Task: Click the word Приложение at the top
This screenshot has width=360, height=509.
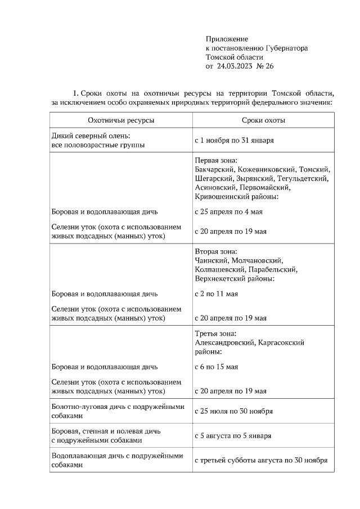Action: [x=227, y=39]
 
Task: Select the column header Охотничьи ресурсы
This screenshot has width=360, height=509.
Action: [x=121, y=120]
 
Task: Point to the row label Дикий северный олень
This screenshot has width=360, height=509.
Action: [x=91, y=136]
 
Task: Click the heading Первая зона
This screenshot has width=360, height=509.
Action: [x=216, y=160]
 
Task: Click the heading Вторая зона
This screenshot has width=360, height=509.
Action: [x=216, y=251]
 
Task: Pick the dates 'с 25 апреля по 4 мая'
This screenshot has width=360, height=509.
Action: [x=228, y=212]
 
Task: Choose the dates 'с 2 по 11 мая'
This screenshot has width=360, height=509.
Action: [x=216, y=294]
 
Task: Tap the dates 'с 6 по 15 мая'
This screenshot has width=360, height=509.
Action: [x=216, y=367]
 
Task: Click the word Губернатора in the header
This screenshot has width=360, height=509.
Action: [x=283, y=48]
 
